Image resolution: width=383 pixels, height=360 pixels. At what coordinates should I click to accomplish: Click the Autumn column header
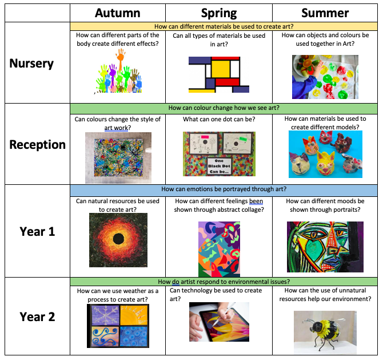tap(118, 13)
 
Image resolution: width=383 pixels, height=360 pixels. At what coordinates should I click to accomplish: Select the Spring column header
tap(219, 14)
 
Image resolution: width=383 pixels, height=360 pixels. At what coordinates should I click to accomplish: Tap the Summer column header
tap(325, 13)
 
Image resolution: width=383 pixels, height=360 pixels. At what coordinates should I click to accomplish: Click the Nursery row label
tap(31, 64)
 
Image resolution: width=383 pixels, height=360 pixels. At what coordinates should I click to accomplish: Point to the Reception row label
tap(37, 145)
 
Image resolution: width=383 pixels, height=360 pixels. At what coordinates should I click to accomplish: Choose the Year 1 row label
tap(37, 231)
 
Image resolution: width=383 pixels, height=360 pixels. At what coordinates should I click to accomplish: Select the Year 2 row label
tap(37, 317)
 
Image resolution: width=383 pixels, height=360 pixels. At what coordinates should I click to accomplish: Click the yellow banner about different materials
tap(224, 26)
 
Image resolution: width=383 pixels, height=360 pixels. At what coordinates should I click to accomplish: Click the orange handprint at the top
tap(121, 58)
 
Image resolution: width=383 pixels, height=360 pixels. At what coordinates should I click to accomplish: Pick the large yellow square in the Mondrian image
tap(221, 69)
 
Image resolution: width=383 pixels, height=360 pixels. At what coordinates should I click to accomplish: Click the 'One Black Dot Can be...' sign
tap(219, 166)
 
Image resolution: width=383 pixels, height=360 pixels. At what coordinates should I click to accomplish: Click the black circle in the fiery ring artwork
tap(119, 239)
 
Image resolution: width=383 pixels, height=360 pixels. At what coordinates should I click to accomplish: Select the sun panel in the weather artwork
tap(134, 315)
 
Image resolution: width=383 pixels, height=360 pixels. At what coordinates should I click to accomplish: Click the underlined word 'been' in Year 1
tap(256, 201)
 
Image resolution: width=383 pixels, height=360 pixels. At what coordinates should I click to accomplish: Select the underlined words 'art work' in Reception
tap(116, 128)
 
